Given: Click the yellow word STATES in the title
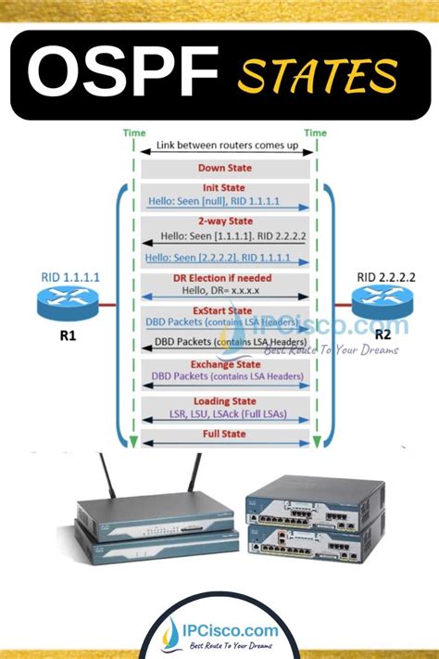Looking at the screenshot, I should click(316, 76).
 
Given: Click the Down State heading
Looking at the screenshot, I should click(224, 168).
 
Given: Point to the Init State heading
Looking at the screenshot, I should click(224, 187).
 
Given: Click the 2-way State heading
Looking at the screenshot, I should click(224, 222).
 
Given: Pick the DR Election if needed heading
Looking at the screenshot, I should click(224, 277).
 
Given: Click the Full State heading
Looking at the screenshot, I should click(224, 434).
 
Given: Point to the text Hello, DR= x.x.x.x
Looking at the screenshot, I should click(224, 290).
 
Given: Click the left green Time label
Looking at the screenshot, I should click(134, 133).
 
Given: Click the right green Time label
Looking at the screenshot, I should click(315, 133).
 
